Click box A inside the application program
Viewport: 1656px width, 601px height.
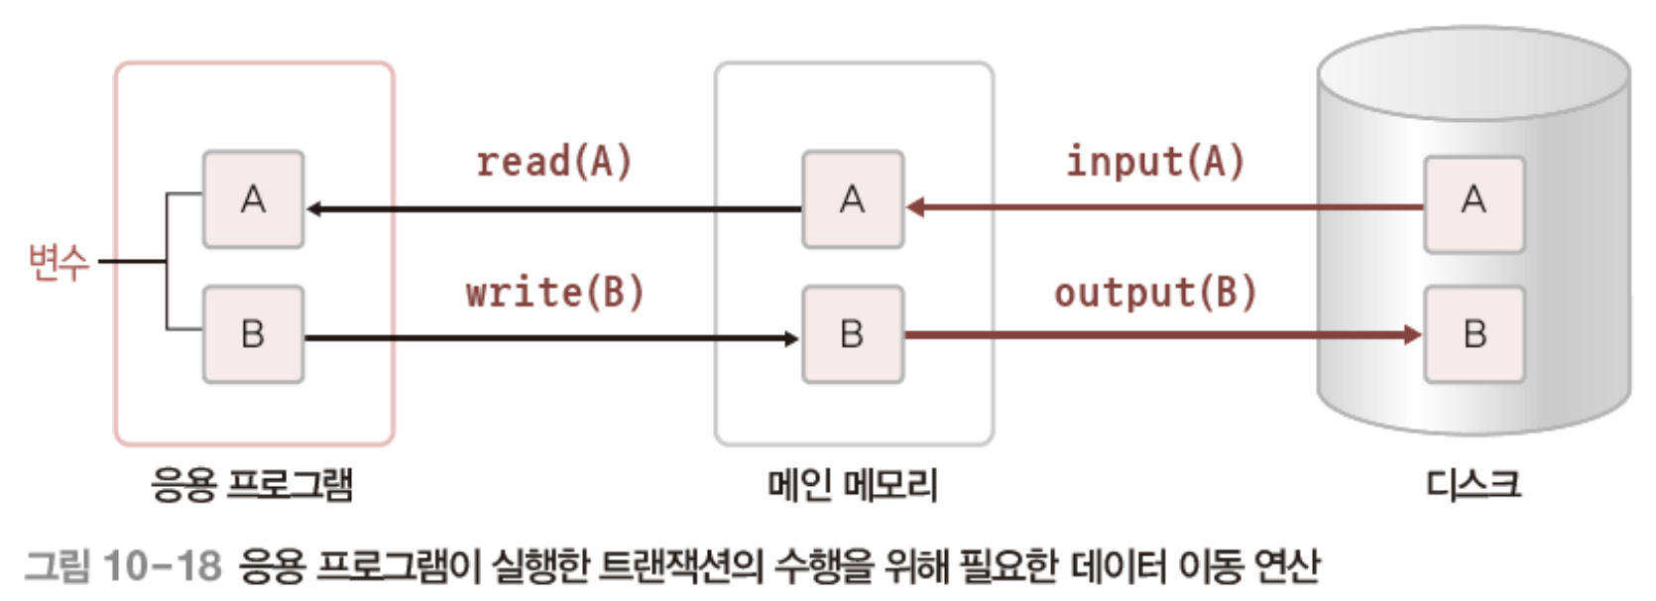point(253,199)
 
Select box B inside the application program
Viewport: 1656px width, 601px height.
point(253,334)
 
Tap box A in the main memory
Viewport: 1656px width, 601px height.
point(853,199)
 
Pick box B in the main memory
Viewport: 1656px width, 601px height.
point(853,334)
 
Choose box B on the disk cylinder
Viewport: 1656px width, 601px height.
point(1474,334)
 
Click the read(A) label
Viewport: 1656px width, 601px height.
point(553,162)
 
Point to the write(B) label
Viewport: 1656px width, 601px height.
point(554,293)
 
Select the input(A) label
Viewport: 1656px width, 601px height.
point(1154,162)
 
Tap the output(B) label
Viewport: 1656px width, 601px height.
point(1154,293)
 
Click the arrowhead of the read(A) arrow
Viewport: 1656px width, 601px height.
point(313,209)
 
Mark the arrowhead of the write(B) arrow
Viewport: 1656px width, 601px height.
point(791,339)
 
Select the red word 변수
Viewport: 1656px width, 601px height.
point(59,262)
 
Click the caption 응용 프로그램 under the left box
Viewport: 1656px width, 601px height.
point(252,485)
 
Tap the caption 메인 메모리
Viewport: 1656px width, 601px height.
point(853,485)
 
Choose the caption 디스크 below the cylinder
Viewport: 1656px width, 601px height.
point(1473,485)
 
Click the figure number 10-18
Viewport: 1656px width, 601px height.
point(162,566)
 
